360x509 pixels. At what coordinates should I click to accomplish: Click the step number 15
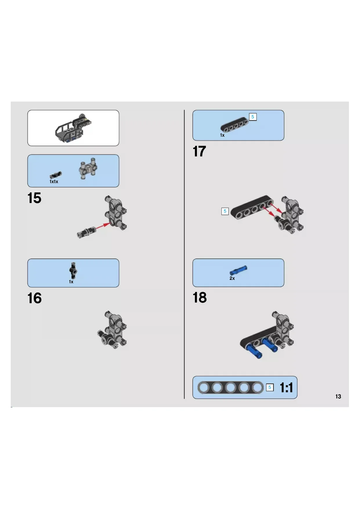tap(34, 198)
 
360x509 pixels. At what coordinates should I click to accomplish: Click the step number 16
tap(35, 298)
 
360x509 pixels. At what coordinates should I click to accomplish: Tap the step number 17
tap(199, 151)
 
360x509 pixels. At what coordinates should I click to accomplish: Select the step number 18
tap(200, 297)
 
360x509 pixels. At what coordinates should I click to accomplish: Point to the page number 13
tap(338, 396)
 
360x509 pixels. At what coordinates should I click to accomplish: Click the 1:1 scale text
tap(286, 387)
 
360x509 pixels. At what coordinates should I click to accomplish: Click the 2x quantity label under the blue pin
tap(232, 278)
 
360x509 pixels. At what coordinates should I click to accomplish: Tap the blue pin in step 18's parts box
tap(238, 270)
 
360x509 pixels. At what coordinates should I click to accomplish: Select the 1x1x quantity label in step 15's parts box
tap(54, 182)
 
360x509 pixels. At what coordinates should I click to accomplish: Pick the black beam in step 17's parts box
tap(234, 124)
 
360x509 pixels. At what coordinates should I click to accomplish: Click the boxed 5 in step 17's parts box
tap(253, 117)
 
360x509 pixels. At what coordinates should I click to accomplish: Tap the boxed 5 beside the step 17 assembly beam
tap(225, 211)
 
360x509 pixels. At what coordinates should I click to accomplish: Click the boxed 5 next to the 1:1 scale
tap(270, 387)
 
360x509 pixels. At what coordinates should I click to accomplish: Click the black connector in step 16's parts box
tap(73, 270)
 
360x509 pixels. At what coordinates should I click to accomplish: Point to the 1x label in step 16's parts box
tap(71, 282)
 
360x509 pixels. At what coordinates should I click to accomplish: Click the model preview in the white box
tap(74, 128)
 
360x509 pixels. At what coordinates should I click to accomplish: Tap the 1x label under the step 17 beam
tap(222, 135)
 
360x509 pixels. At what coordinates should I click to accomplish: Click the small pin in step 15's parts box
tap(56, 175)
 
